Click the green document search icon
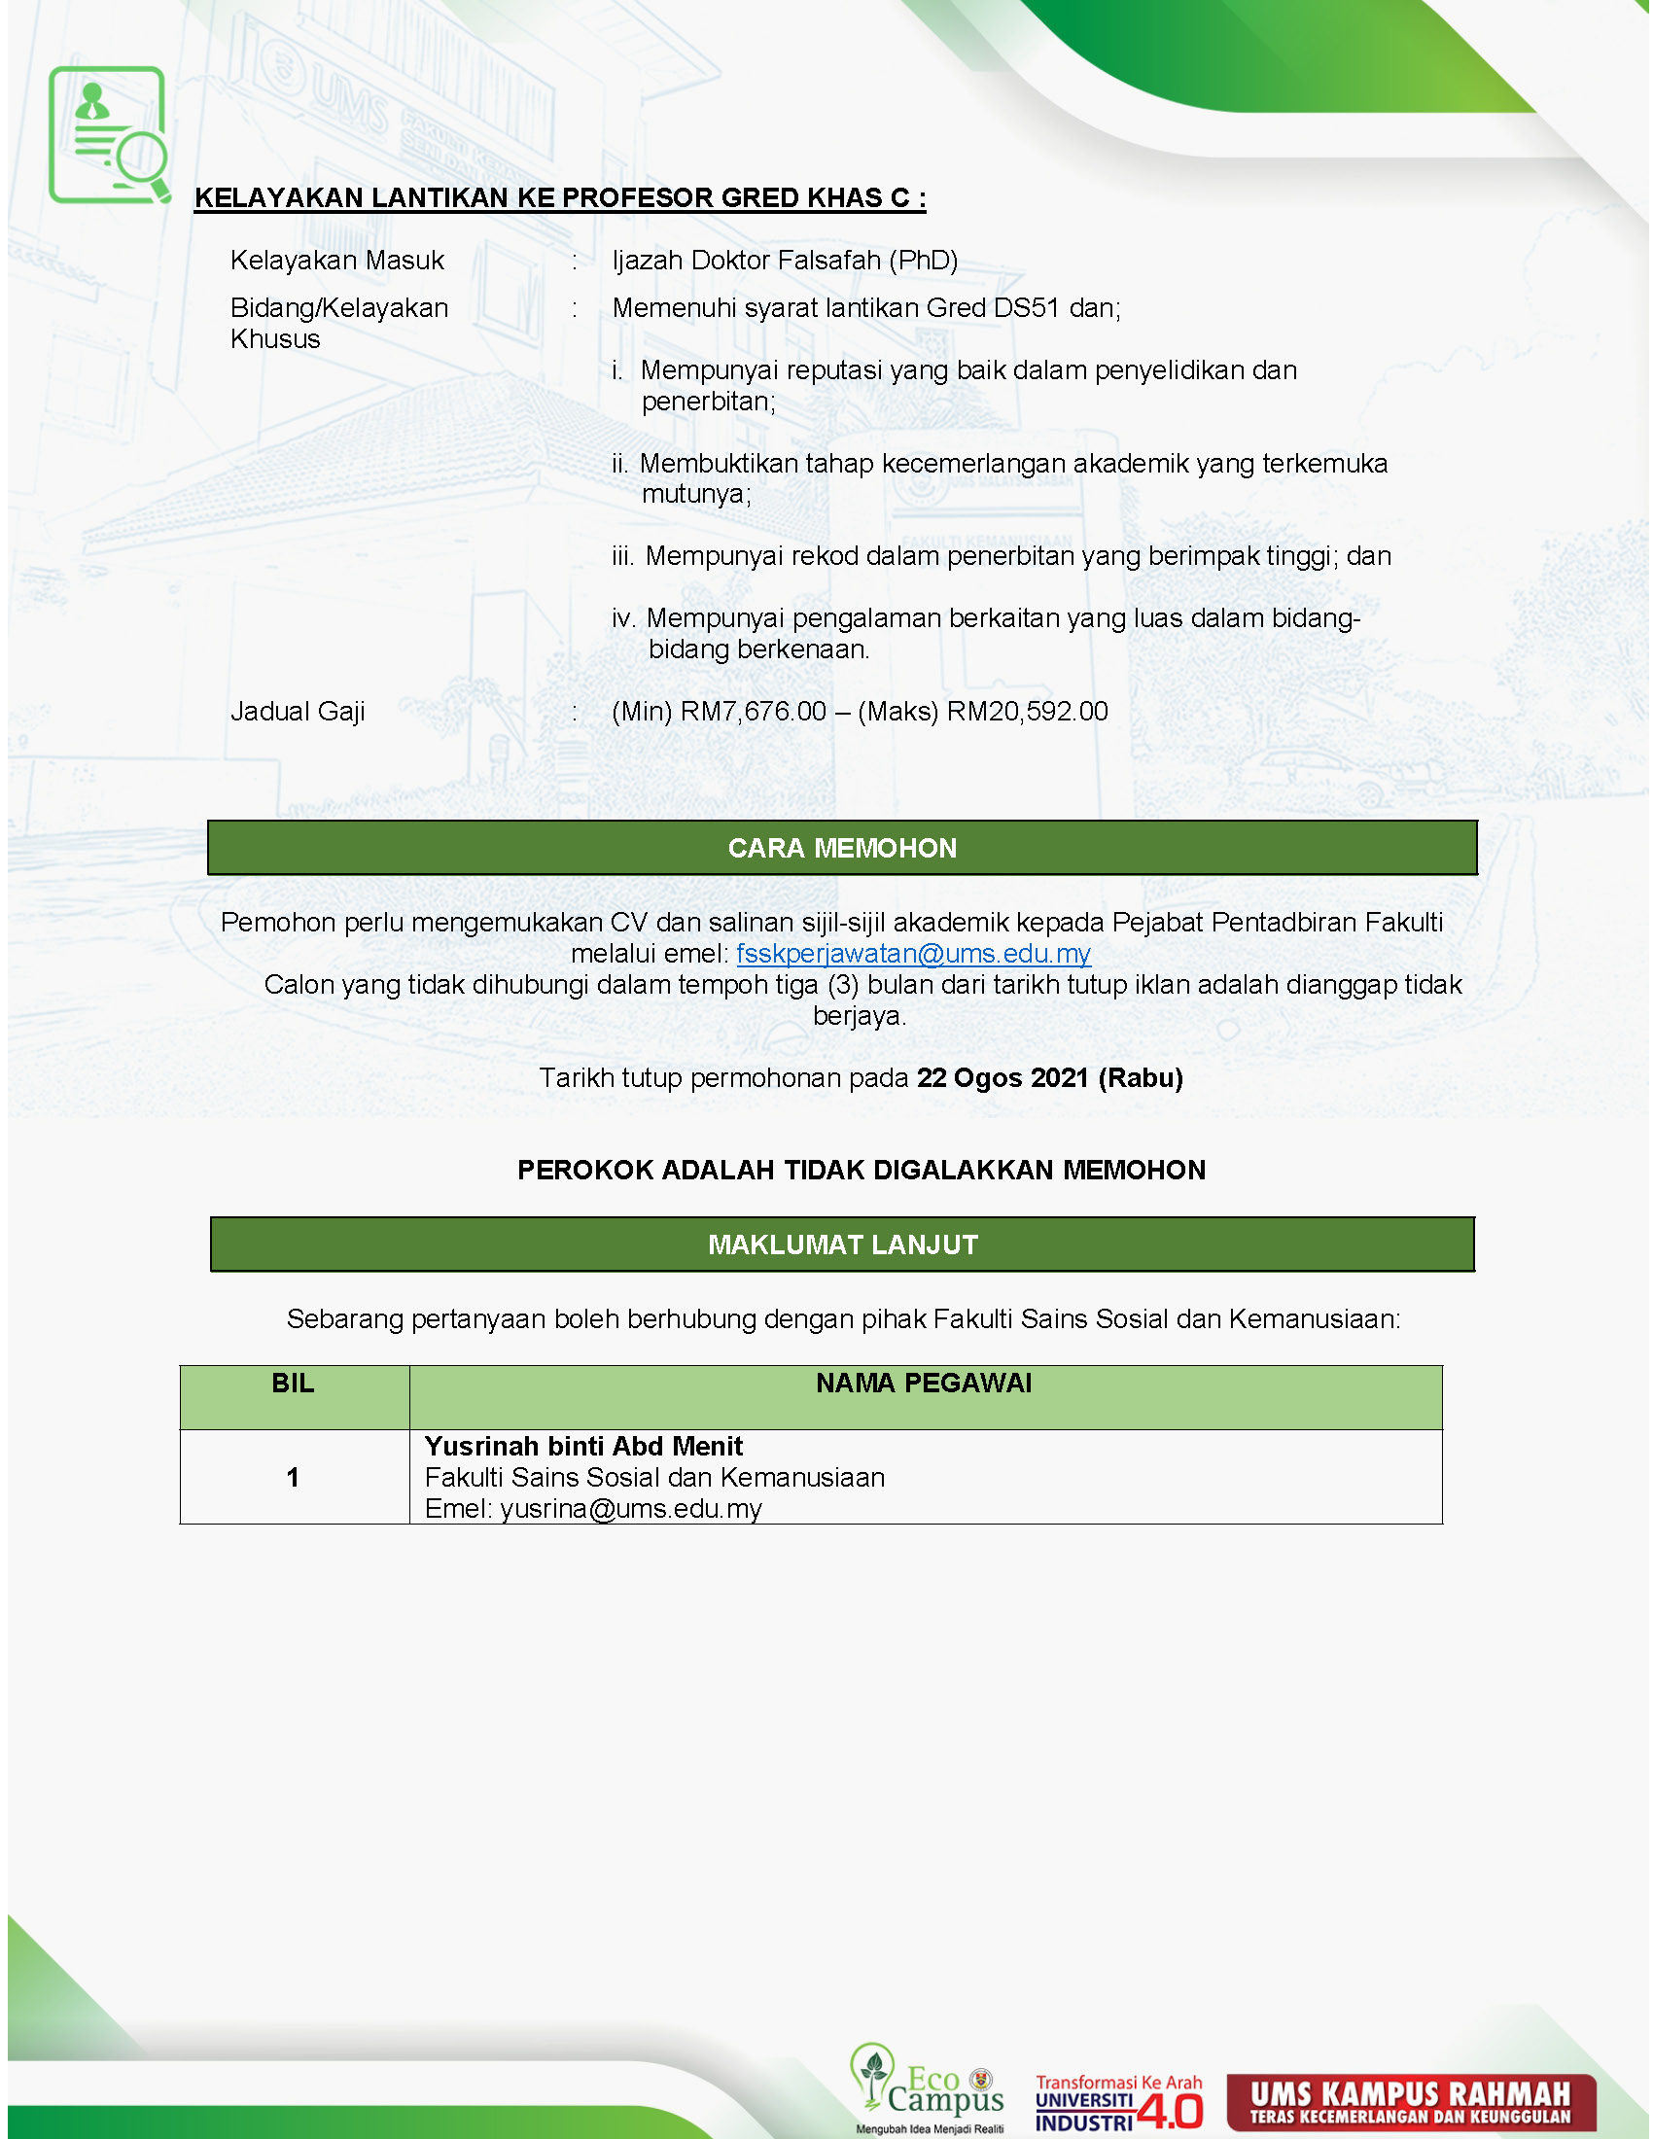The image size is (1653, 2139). point(108,134)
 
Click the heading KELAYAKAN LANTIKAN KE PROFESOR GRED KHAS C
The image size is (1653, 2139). point(559,197)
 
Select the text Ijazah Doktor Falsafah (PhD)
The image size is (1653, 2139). point(785,261)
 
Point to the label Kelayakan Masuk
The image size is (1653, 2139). point(336,261)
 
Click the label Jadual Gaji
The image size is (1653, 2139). point(298,712)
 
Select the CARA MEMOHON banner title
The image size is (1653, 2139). point(842,848)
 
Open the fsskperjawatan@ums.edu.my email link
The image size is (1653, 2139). point(913,954)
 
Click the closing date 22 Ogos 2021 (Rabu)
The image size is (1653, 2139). point(1049,1078)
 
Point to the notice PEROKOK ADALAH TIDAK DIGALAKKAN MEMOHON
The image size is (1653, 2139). point(861,1171)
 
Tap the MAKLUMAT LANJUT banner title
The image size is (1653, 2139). point(842,1245)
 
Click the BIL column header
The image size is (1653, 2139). point(293,1384)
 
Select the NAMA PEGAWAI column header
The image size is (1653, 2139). point(924,1384)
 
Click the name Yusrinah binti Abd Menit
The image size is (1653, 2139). point(583,1447)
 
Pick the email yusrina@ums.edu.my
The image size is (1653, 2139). point(631,1509)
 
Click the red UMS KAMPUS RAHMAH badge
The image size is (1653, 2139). point(1410,2102)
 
